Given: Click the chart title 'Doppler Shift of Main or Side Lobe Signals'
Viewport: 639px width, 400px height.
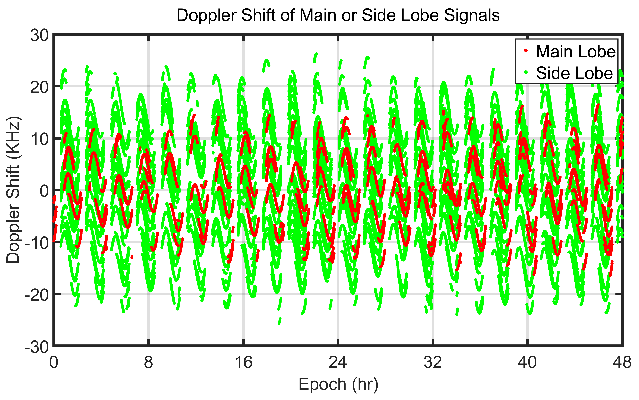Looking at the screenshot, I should pyautogui.click(x=338, y=15).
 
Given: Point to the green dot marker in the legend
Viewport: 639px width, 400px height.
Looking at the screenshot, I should pyautogui.click(x=526, y=72).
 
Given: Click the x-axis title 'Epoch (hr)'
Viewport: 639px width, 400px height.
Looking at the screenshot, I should pyautogui.click(x=338, y=384).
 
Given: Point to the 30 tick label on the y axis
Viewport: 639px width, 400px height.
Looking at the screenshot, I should pyautogui.click(x=40, y=35).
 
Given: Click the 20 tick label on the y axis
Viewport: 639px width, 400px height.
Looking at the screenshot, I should pyautogui.click(x=40, y=87).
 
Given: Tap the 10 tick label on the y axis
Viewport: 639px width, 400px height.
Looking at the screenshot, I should pyautogui.click(x=40, y=139).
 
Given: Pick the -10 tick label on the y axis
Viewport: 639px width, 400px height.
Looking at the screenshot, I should pyautogui.click(x=37, y=243).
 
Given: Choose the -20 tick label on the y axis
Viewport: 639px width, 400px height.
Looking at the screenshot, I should pyautogui.click(x=37, y=295).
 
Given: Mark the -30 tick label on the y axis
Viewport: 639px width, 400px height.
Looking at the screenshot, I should pyautogui.click(x=37, y=347).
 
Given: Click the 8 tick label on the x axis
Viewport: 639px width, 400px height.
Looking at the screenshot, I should pyautogui.click(x=149, y=362).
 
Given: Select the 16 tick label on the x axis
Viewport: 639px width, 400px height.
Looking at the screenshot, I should pyautogui.click(x=243, y=362).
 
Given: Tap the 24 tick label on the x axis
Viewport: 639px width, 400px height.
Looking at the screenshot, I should pyautogui.click(x=338, y=362).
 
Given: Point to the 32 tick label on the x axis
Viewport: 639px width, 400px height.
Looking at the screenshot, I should pyautogui.click(x=433, y=362).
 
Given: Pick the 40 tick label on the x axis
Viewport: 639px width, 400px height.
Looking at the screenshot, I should pyautogui.click(x=528, y=362).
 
